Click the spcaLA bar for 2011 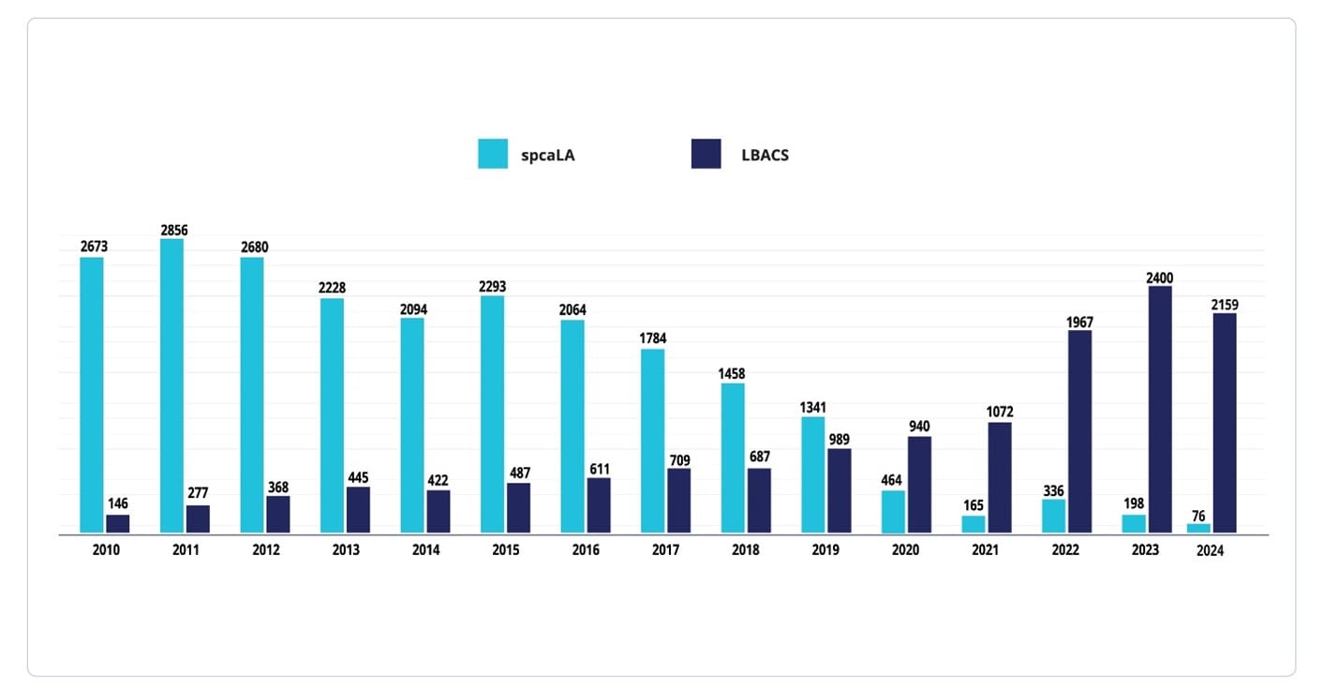171,386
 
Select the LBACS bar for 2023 1160,410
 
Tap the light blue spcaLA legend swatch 493,154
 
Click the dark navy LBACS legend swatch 706,154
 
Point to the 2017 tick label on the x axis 665,550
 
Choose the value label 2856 173,231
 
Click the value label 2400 1158,278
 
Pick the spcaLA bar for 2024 1198,529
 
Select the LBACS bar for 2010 118,524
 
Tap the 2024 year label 1210,551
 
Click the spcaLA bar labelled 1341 812,475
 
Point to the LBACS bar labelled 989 840,491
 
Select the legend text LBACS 764,155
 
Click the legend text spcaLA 548,155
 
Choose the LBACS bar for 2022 1079,431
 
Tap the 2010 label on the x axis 106,550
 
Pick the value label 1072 999,413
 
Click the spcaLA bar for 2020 893,512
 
